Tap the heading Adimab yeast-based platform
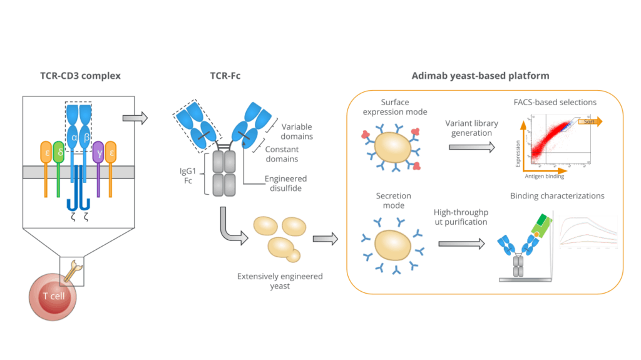480,76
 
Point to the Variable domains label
297,131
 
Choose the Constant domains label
282,155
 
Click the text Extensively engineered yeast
280,280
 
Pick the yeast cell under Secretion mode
392,244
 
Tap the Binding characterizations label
557,196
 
